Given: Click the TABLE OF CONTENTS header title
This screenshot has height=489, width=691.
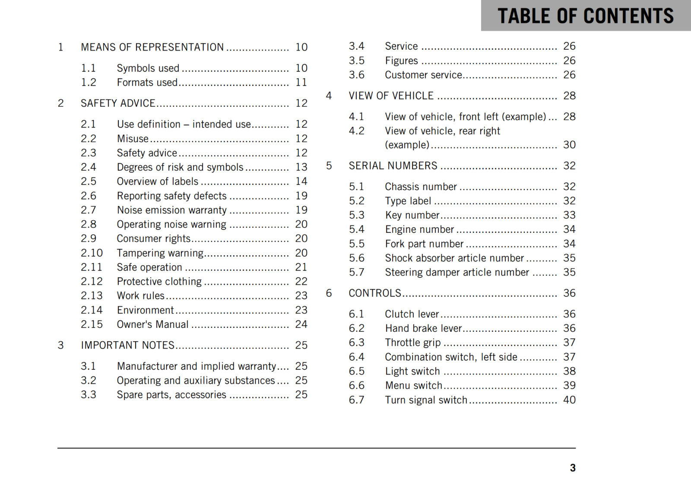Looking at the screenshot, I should (x=585, y=16).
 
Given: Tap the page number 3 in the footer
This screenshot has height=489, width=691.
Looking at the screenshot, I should (x=572, y=468).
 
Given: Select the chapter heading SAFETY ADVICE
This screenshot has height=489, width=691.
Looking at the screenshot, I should (x=118, y=103).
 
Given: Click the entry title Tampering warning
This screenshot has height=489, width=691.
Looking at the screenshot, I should (x=160, y=253).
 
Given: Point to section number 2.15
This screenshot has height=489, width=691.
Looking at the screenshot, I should (x=92, y=324).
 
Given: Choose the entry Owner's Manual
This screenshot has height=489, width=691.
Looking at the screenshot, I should (x=152, y=324).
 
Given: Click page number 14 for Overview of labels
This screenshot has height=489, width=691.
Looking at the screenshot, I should (x=301, y=181).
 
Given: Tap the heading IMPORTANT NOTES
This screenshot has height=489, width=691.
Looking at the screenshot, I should (x=127, y=345).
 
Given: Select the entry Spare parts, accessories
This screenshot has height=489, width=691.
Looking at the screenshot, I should (x=171, y=395).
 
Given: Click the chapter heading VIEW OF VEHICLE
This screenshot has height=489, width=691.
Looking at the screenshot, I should (x=391, y=96).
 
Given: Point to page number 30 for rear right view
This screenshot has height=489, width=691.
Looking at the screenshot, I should (x=569, y=145).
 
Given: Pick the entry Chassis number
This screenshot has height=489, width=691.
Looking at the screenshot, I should (x=421, y=187).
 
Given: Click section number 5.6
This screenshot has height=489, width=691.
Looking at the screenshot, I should (x=357, y=258).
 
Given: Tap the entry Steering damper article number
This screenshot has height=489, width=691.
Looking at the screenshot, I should (x=457, y=273).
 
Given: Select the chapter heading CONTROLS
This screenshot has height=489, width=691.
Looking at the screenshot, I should (x=375, y=293).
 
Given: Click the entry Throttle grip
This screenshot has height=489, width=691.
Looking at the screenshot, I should (x=413, y=343).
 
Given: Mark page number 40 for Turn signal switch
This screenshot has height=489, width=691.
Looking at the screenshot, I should (x=569, y=400).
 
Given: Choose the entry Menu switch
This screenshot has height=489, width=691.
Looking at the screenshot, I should (x=414, y=385).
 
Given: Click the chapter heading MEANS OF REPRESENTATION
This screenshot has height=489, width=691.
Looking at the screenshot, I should (x=152, y=47).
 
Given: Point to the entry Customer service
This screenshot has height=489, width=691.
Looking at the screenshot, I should (x=424, y=75).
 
